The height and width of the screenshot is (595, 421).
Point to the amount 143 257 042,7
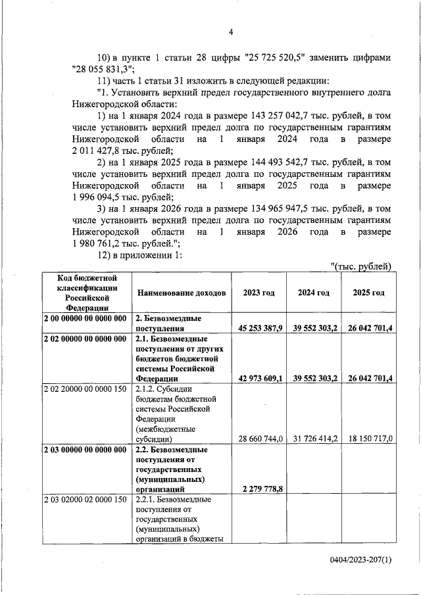(278, 116)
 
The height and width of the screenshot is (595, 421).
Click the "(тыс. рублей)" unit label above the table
(360, 266)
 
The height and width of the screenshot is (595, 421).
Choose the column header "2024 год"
(313, 292)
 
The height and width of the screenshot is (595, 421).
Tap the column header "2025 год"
(368, 292)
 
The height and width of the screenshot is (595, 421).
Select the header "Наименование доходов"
(182, 292)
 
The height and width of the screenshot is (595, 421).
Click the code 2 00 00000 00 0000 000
(85, 318)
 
